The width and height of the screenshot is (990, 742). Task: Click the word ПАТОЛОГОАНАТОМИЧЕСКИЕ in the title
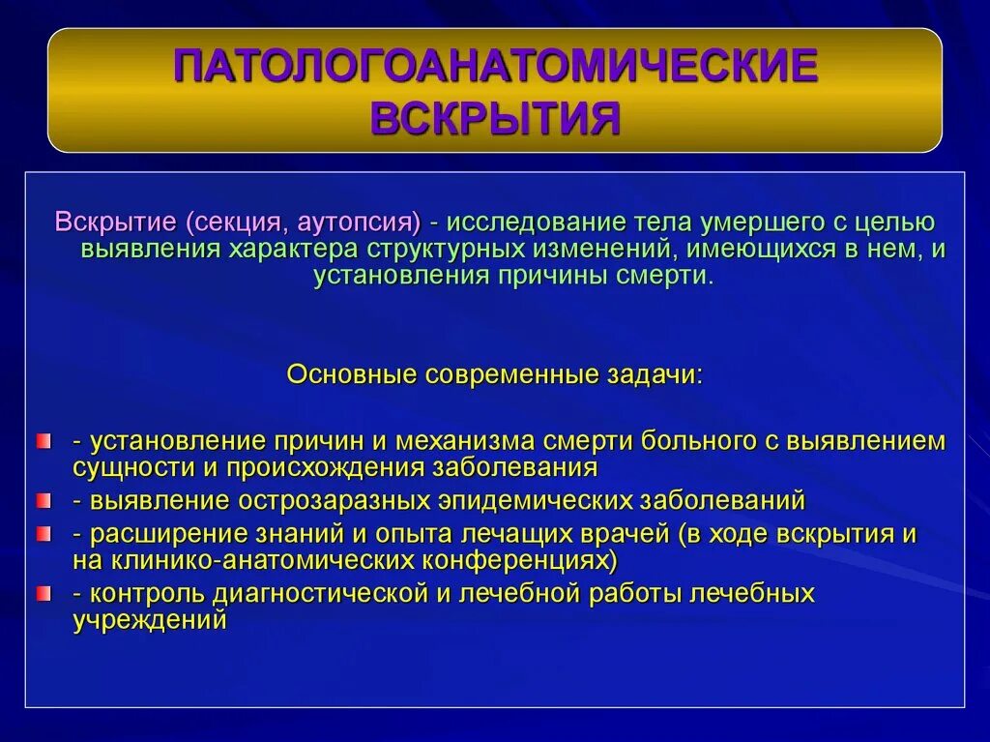495,67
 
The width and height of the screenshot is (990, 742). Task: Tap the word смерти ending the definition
662,275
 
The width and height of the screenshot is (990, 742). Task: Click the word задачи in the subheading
663,374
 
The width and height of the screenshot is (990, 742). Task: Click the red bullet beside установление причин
43,441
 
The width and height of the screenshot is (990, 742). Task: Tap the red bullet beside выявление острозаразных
43,501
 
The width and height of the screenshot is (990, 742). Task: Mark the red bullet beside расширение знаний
43,533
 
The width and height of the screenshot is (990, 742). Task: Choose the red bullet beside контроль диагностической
43,593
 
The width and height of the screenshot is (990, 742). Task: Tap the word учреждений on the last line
150,620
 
